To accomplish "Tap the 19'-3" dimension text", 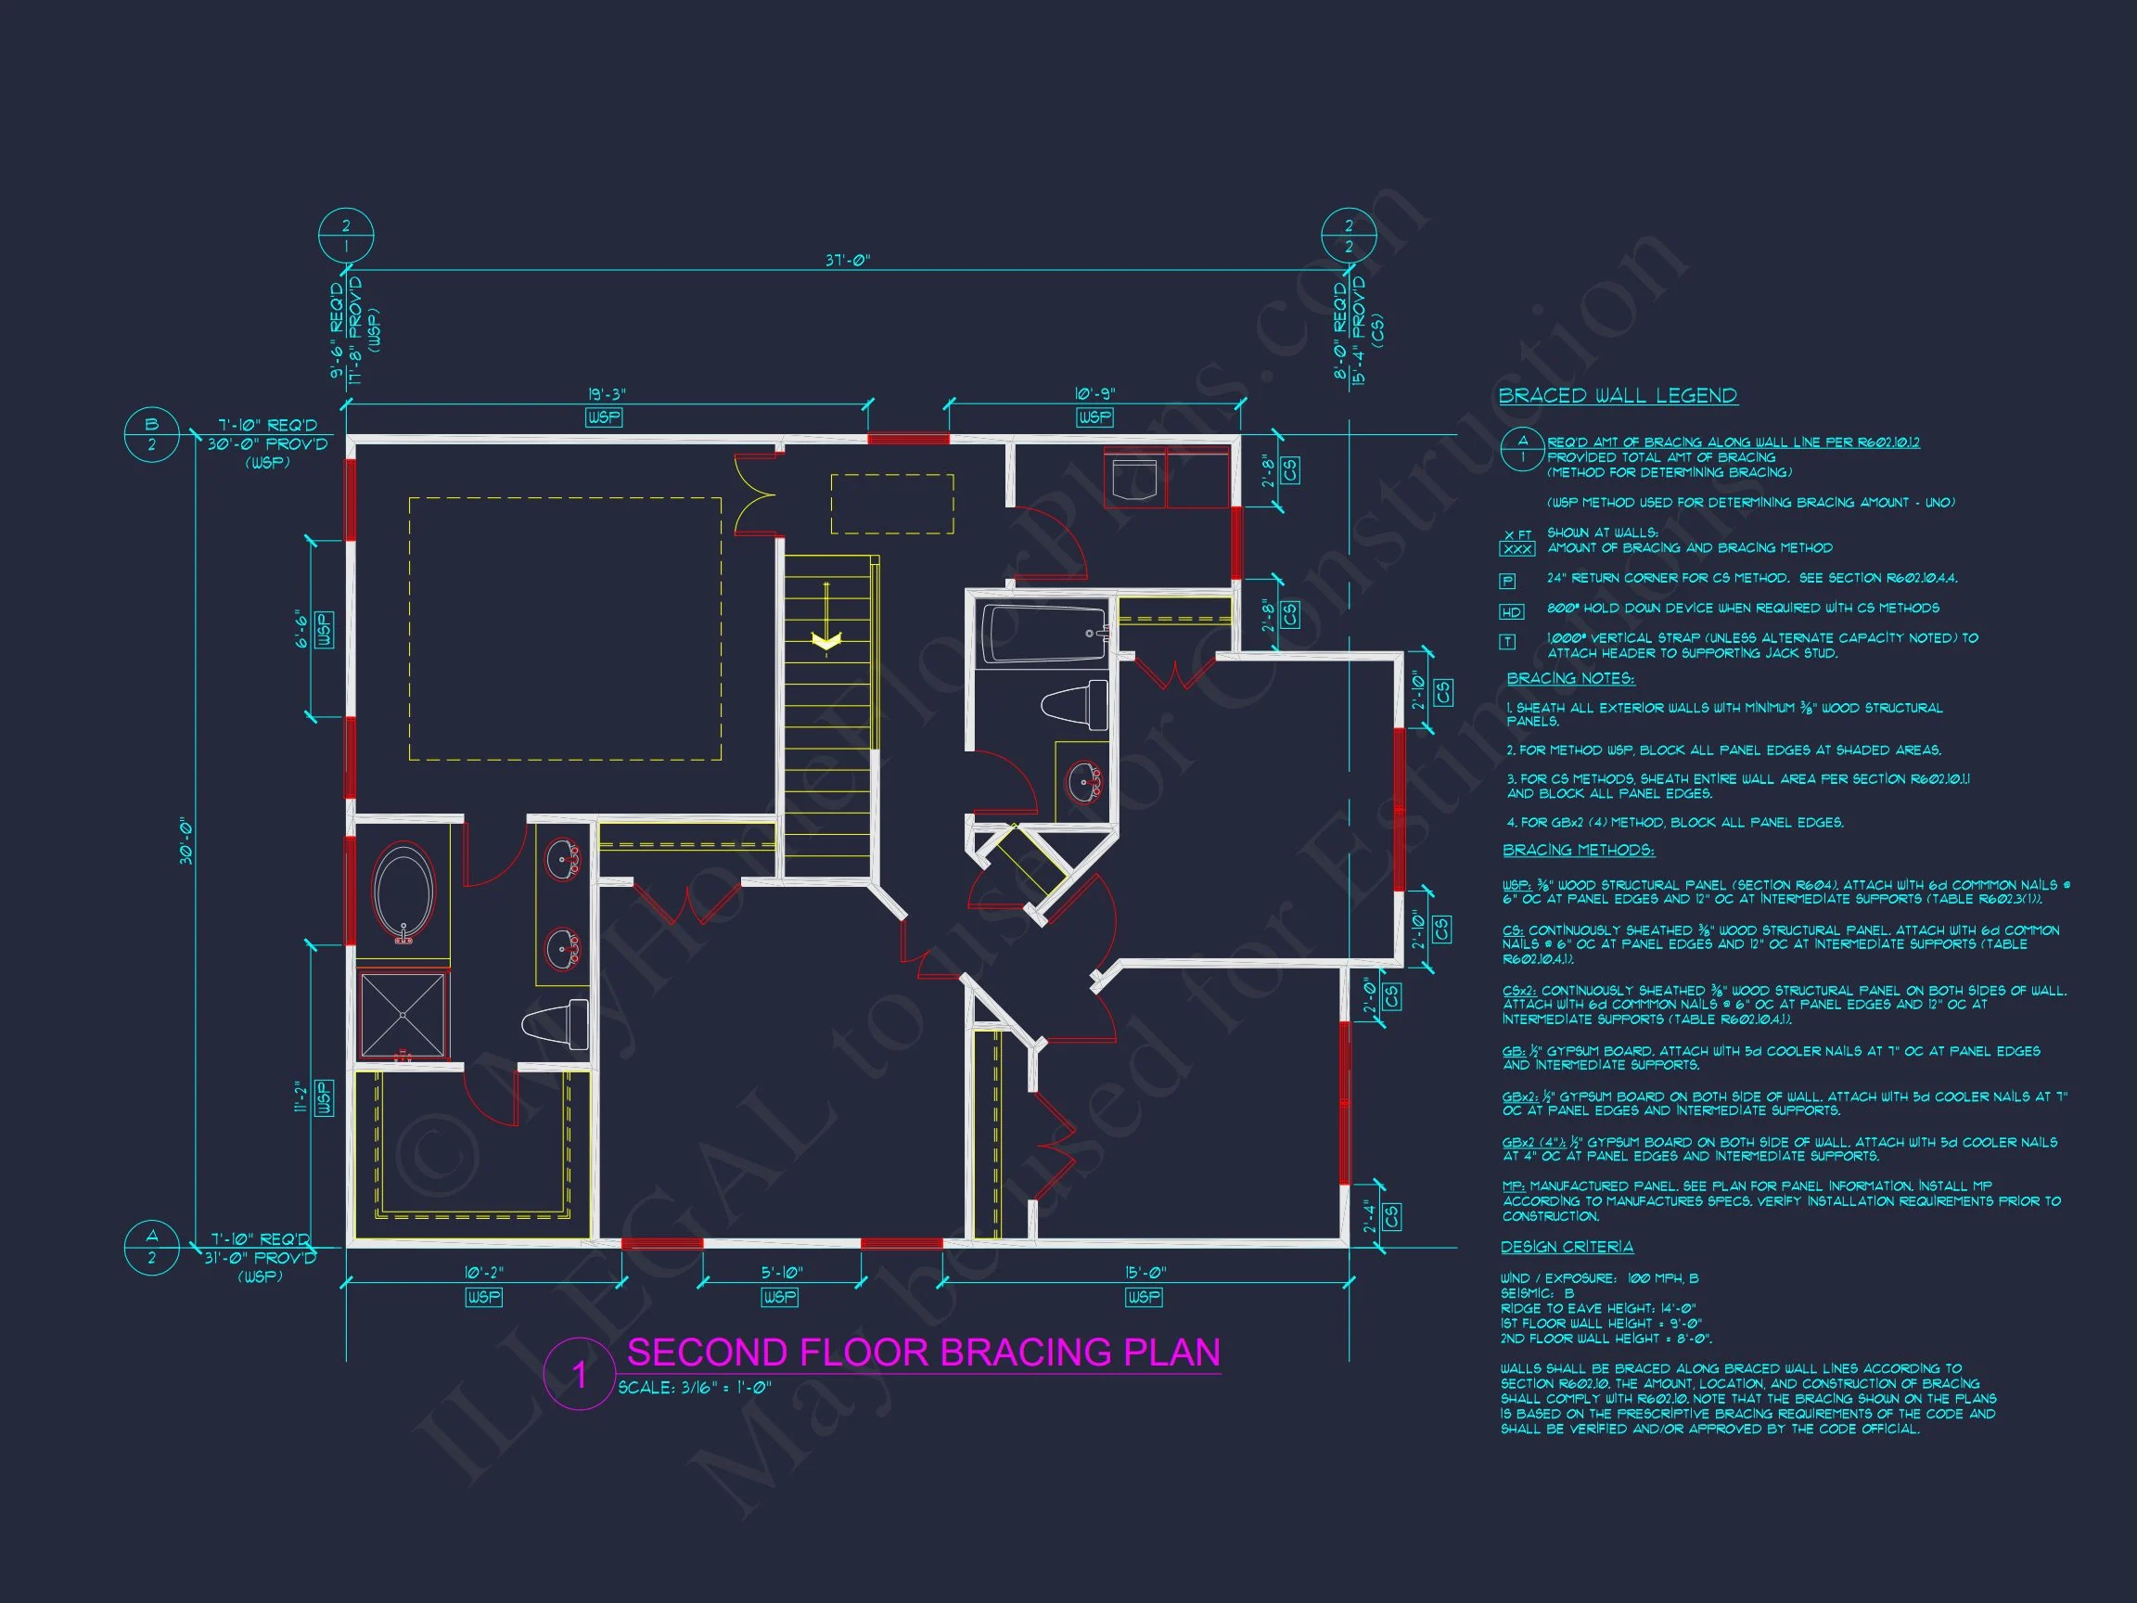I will click(x=607, y=394).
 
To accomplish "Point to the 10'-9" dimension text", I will click(x=1094, y=394).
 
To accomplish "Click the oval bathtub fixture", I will click(x=403, y=891).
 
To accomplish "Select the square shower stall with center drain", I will click(x=403, y=1015).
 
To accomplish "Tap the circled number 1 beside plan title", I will click(x=579, y=1374).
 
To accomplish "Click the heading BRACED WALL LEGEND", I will click(x=1618, y=395).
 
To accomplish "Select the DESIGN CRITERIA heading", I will click(x=1567, y=1247).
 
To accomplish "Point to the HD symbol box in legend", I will click(x=1511, y=611).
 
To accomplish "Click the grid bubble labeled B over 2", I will click(x=152, y=435).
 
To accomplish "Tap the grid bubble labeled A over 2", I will click(x=152, y=1247).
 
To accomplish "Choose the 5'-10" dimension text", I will click(x=781, y=1273).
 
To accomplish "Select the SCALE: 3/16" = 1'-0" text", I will click(x=694, y=1388).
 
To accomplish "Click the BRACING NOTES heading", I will click(x=1570, y=678).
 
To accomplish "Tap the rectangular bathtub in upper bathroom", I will click(x=1043, y=633).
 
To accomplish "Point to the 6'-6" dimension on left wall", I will click(x=301, y=629).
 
